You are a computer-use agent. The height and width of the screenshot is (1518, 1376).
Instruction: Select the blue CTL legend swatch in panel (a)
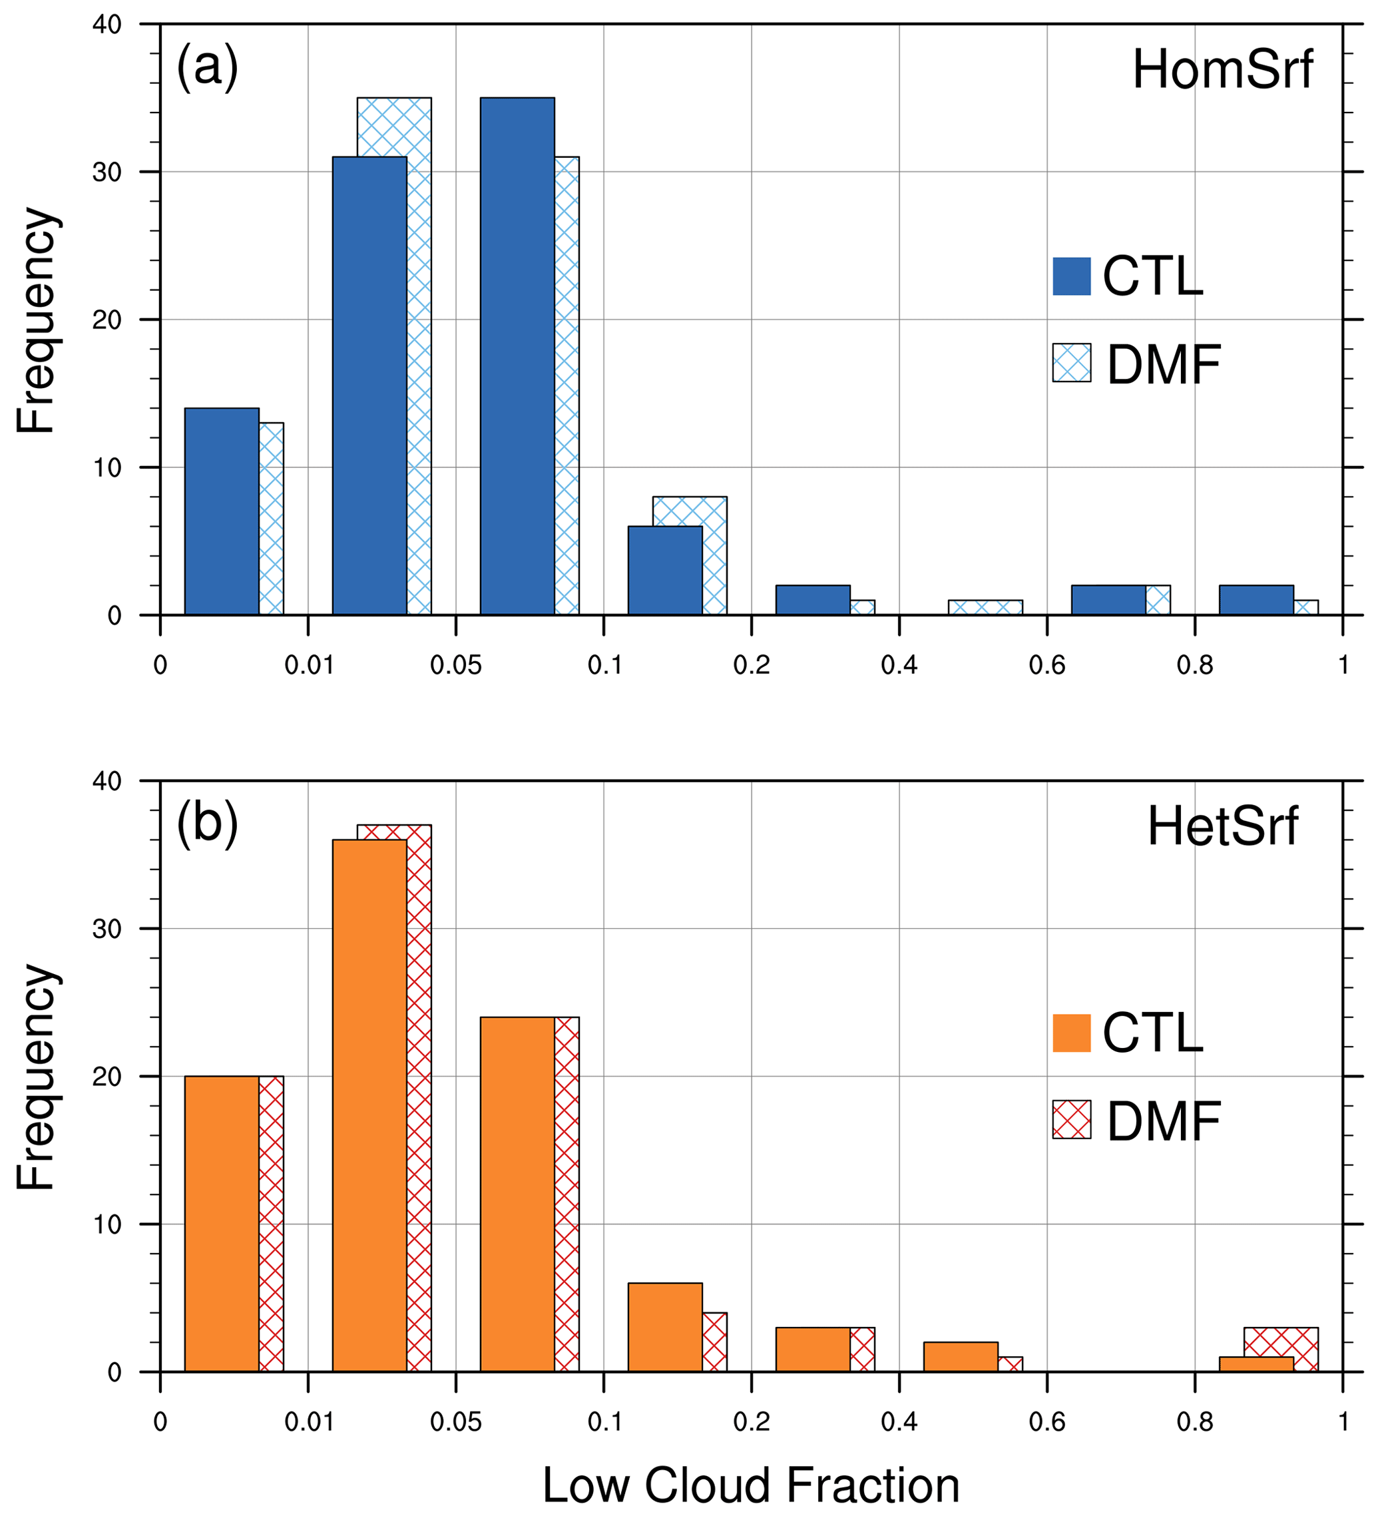point(1071,276)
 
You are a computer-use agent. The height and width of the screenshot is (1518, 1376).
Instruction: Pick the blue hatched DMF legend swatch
point(1071,363)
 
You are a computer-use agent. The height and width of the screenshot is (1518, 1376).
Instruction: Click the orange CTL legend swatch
point(1071,1033)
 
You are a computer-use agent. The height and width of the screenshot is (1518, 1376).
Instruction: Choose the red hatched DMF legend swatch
point(1071,1120)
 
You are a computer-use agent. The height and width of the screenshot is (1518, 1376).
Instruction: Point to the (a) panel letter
point(207,67)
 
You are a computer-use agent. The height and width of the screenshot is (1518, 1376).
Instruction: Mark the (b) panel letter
point(207,823)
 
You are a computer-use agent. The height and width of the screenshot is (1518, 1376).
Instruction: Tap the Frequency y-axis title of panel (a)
point(35,320)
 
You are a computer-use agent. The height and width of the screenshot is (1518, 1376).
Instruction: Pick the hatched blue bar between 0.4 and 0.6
point(985,608)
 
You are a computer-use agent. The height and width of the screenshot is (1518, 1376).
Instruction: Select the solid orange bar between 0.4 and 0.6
point(961,1357)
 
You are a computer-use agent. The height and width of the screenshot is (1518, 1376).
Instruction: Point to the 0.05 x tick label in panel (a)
point(455,666)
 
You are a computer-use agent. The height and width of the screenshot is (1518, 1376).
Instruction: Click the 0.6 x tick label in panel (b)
point(1047,1422)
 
